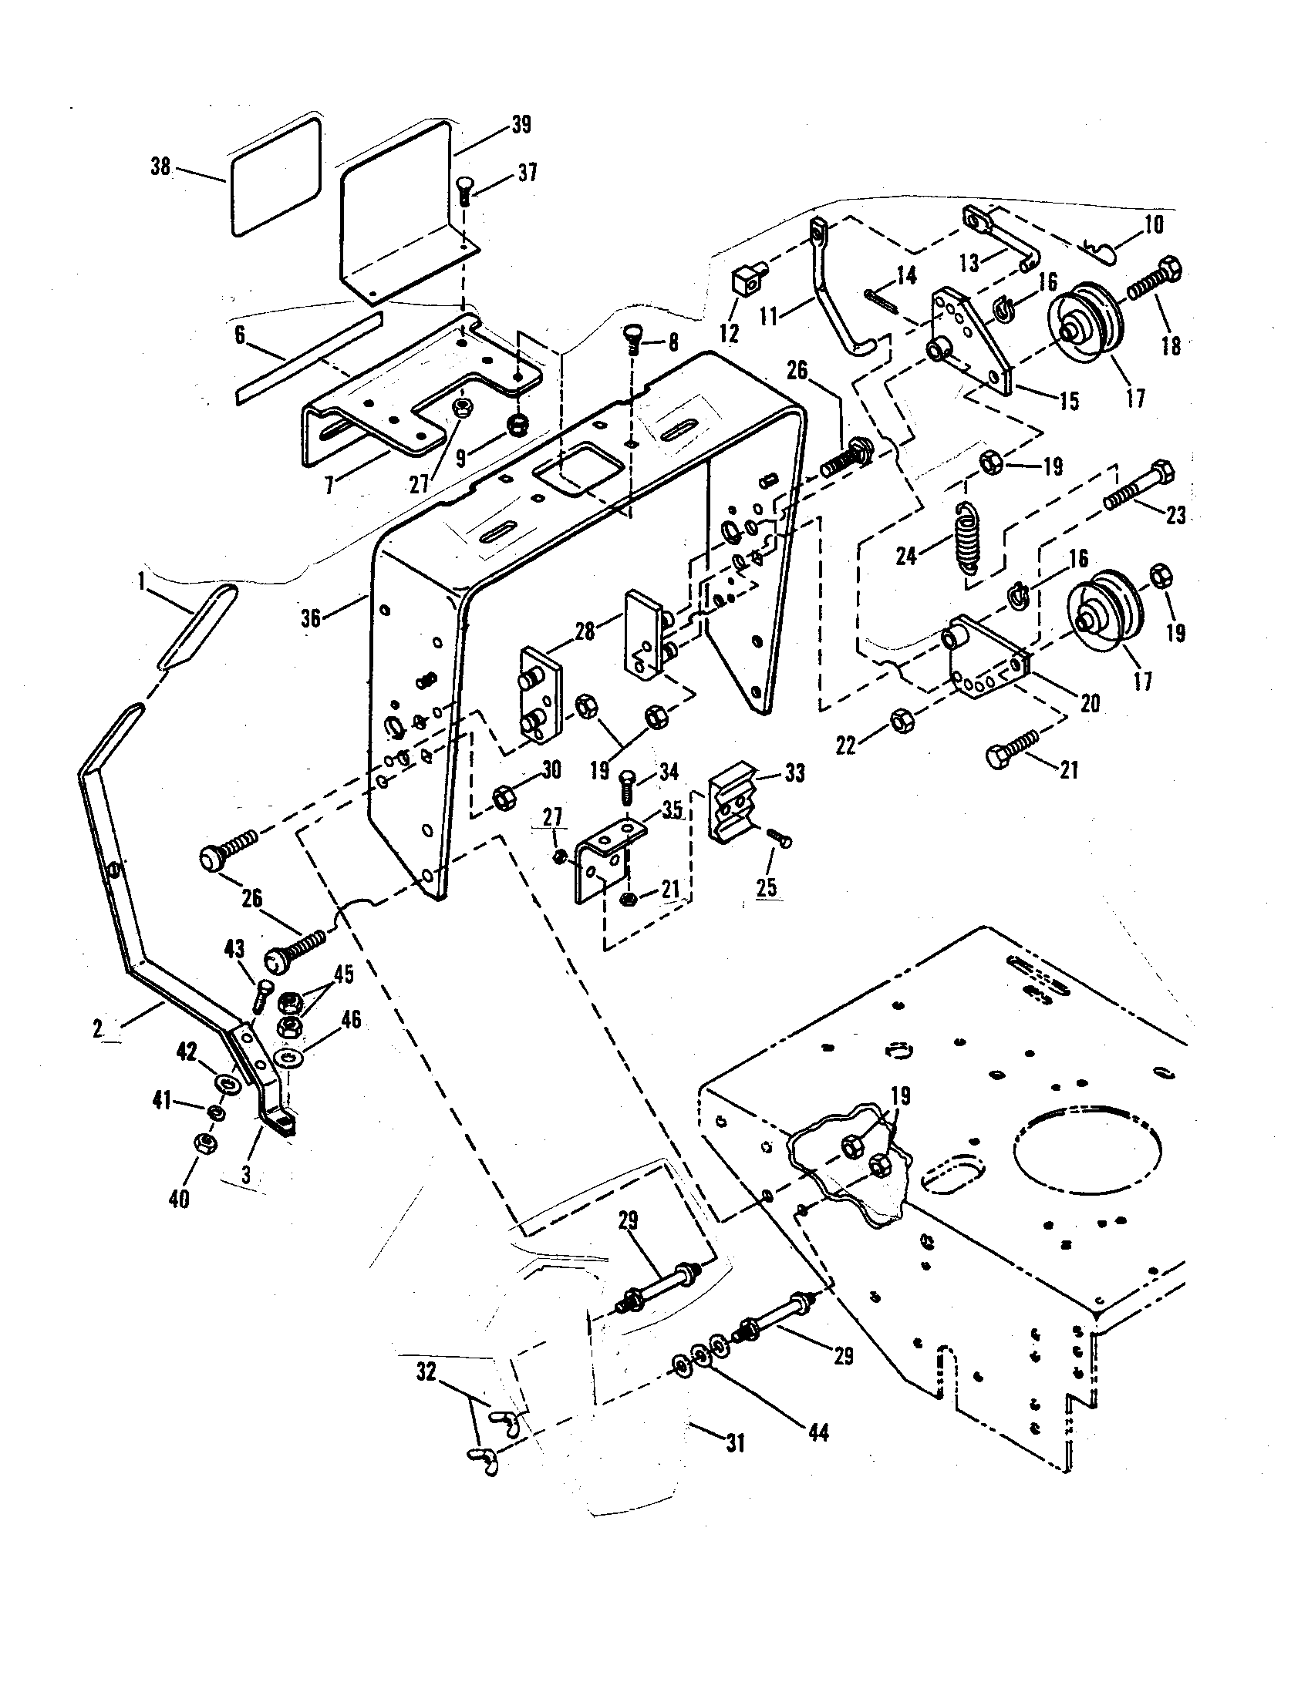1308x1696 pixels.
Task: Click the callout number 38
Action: pos(160,167)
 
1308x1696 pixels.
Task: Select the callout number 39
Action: pos(521,124)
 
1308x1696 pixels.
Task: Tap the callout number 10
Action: pos(1154,225)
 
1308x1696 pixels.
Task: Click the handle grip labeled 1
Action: pos(197,628)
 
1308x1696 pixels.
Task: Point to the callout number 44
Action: pos(819,1432)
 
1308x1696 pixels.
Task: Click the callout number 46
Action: pos(352,1019)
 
